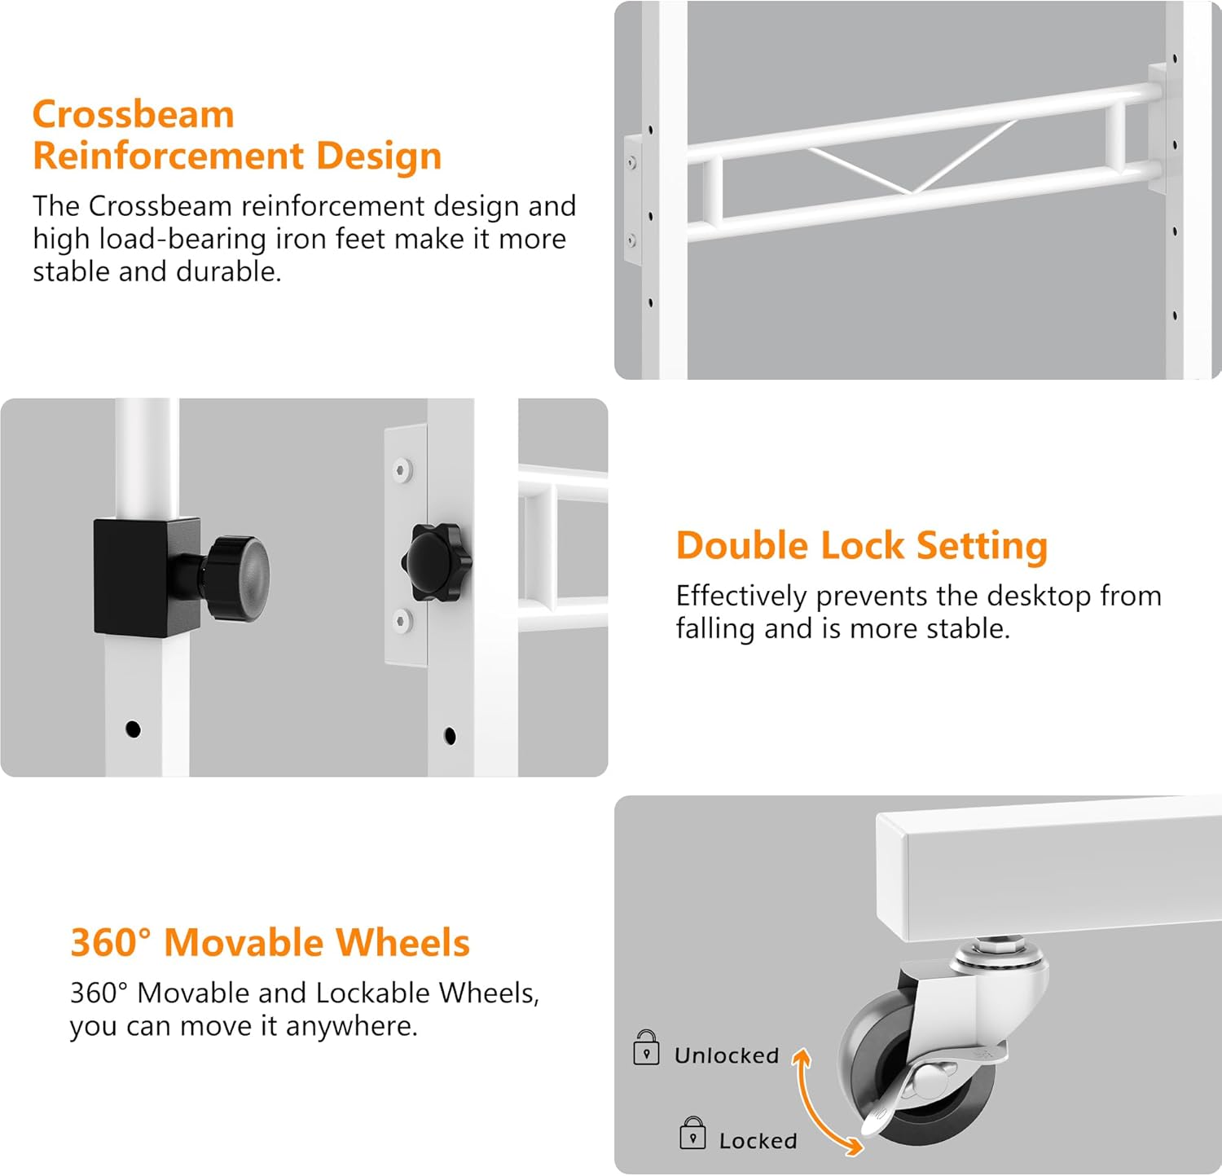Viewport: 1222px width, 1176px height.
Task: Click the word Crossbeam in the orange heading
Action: coord(134,114)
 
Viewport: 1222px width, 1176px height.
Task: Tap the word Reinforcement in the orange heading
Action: coord(168,156)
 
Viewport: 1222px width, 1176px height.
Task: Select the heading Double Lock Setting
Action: coord(861,546)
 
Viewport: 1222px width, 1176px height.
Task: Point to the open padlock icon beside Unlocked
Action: coord(646,1048)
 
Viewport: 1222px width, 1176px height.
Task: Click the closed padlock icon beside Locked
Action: coord(692,1134)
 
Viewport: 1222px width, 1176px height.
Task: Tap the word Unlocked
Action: coord(727,1055)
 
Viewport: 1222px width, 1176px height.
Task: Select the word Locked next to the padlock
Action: coord(758,1141)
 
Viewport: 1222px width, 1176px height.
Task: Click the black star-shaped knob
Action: coord(437,562)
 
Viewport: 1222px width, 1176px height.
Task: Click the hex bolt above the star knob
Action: coord(402,469)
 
